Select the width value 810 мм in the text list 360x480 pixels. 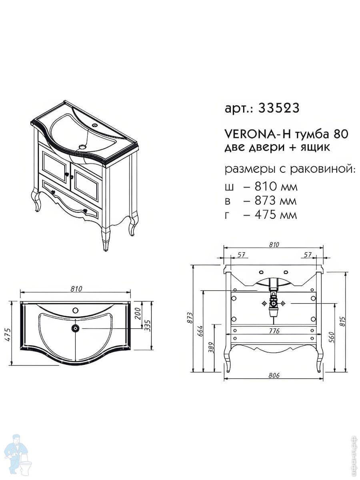pyautogui.click(x=276, y=187)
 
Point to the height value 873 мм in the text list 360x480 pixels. pyautogui.click(x=276, y=200)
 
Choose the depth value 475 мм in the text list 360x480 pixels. pyautogui.click(x=276, y=214)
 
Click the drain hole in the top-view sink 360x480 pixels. pyautogui.click(x=76, y=328)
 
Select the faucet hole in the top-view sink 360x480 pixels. pyautogui.click(x=76, y=310)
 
